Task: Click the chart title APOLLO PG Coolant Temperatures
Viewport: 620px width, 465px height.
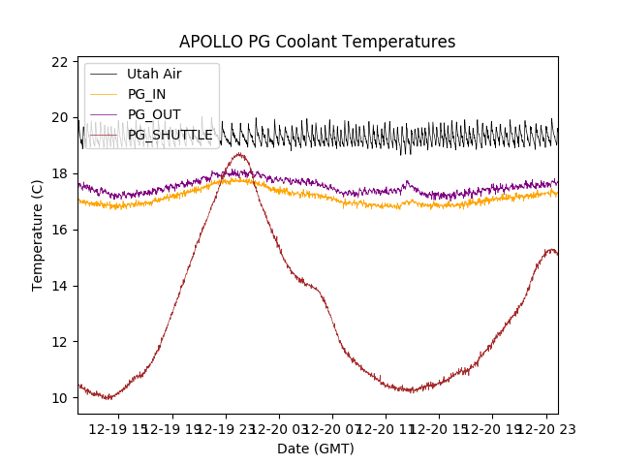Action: (x=317, y=43)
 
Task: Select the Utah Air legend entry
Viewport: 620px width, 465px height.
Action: (x=154, y=74)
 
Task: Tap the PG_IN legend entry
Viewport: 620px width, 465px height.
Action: (x=146, y=94)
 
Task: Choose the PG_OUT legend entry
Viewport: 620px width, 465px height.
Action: (x=154, y=114)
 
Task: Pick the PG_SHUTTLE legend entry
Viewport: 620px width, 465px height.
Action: (x=170, y=135)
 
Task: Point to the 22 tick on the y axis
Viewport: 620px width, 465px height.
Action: (x=60, y=62)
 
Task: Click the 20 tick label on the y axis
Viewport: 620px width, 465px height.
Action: (x=60, y=118)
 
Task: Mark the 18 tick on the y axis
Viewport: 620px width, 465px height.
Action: (x=60, y=174)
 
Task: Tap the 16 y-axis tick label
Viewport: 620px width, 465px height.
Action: (x=60, y=230)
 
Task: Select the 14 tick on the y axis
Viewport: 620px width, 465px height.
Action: (x=60, y=286)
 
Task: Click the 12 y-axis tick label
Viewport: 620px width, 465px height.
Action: (x=60, y=342)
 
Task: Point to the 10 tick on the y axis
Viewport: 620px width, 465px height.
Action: (x=60, y=398)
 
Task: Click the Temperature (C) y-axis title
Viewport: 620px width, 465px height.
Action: (x=38, y=235)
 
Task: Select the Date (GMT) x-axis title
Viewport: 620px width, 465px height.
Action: (x=316, y=449)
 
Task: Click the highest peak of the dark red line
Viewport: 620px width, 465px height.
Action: (x=238, y=154)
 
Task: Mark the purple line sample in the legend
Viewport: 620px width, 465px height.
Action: (x=104, y=114)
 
